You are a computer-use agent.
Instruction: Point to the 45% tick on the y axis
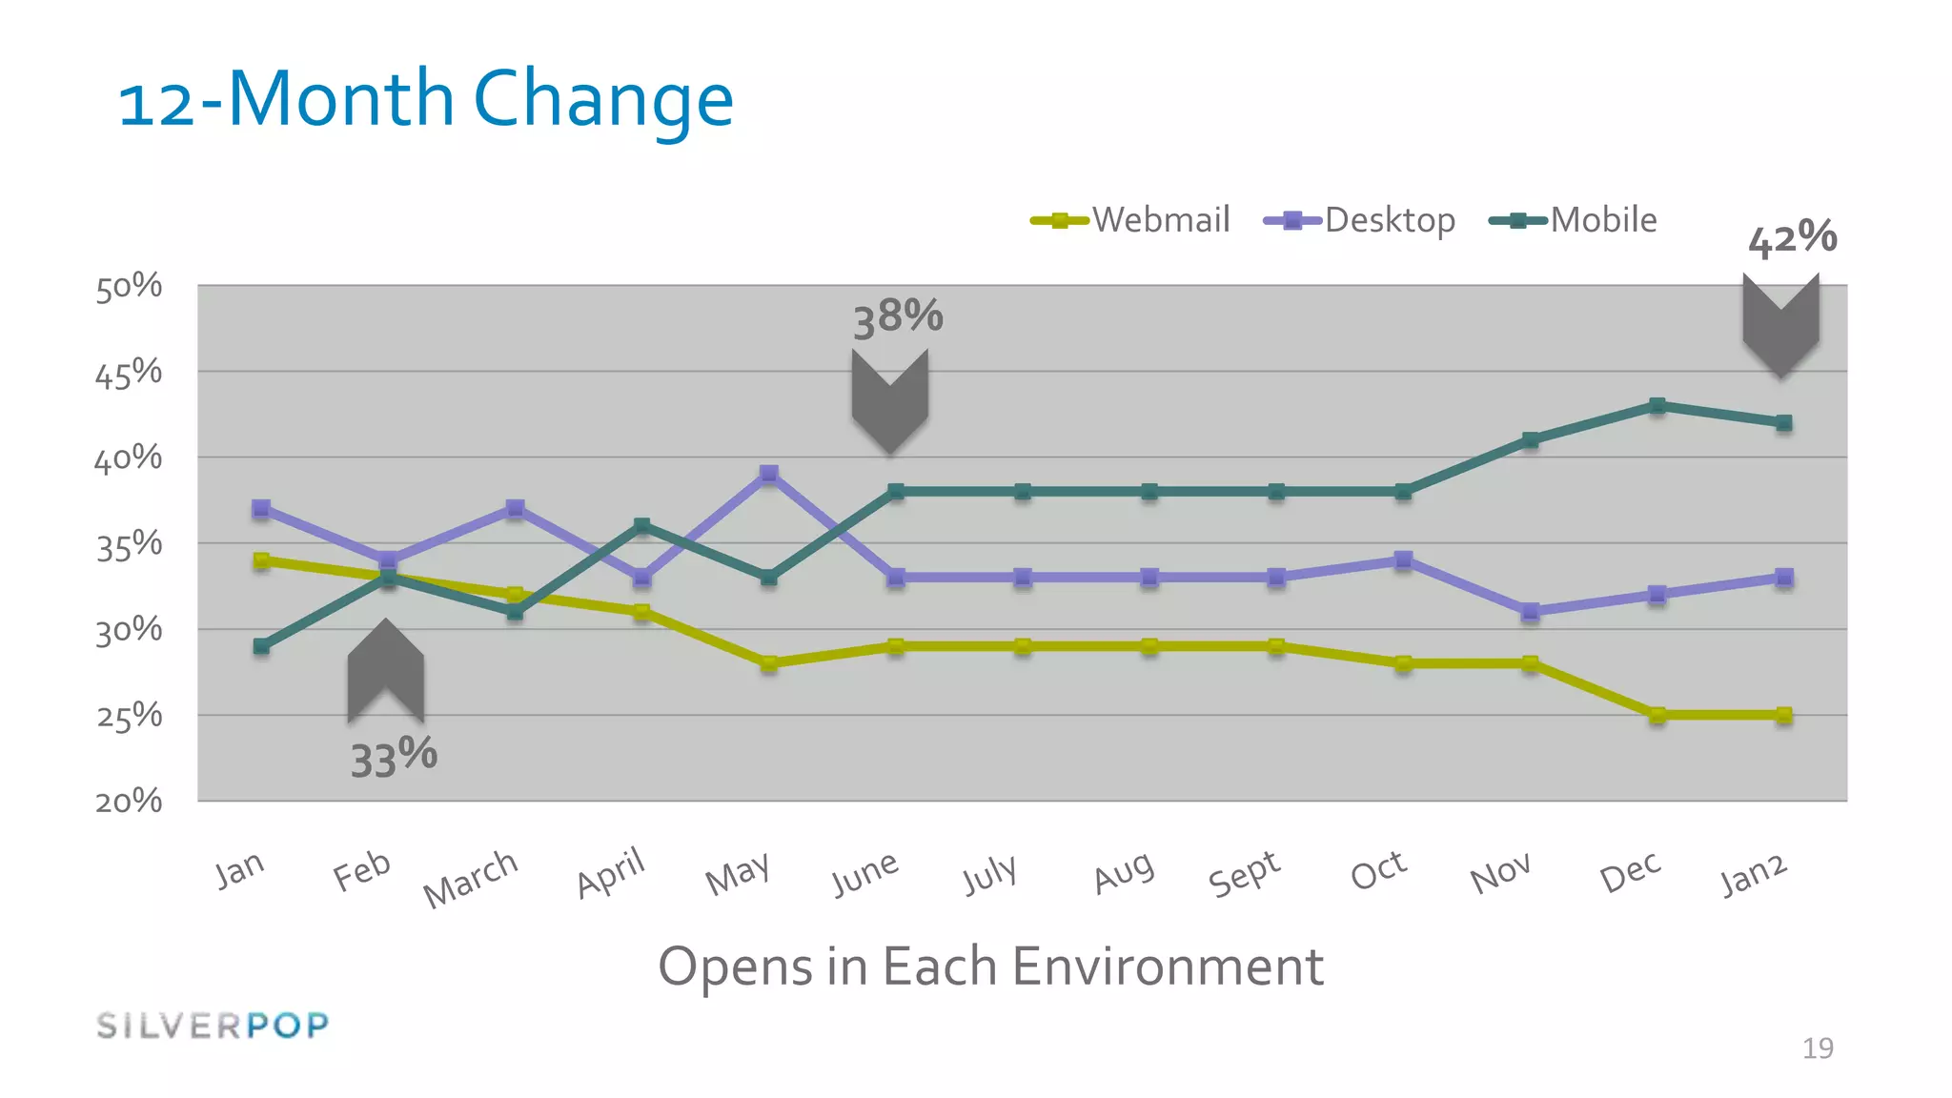click(x=129, y=373)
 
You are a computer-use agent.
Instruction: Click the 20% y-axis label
click(x=129, y=801)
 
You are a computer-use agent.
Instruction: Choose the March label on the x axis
click(x=471, y=878)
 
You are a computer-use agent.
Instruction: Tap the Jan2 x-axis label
click(x=1753, y=875)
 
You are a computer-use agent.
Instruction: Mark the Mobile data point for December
click(x=1657, y=406)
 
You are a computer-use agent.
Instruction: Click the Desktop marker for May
click(x=769, y=474)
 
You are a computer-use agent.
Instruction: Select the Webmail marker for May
click(x=769, y=663)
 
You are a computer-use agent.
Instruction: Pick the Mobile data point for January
click(x=261, y=646)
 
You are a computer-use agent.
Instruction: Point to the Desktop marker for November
click(x=1531, y=612)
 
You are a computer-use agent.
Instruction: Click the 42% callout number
click(x=1792, y=237)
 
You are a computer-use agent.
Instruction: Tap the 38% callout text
click(x=898, y=317)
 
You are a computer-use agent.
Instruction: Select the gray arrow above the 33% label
click(x=385, y=670)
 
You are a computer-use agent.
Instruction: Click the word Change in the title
click(x=603, y=100)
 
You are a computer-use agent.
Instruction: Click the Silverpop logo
click(x=213, y=1026)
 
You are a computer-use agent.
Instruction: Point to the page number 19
click(x=1818, y=1048)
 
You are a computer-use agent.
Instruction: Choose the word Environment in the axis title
click(x=1168, y=966)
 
